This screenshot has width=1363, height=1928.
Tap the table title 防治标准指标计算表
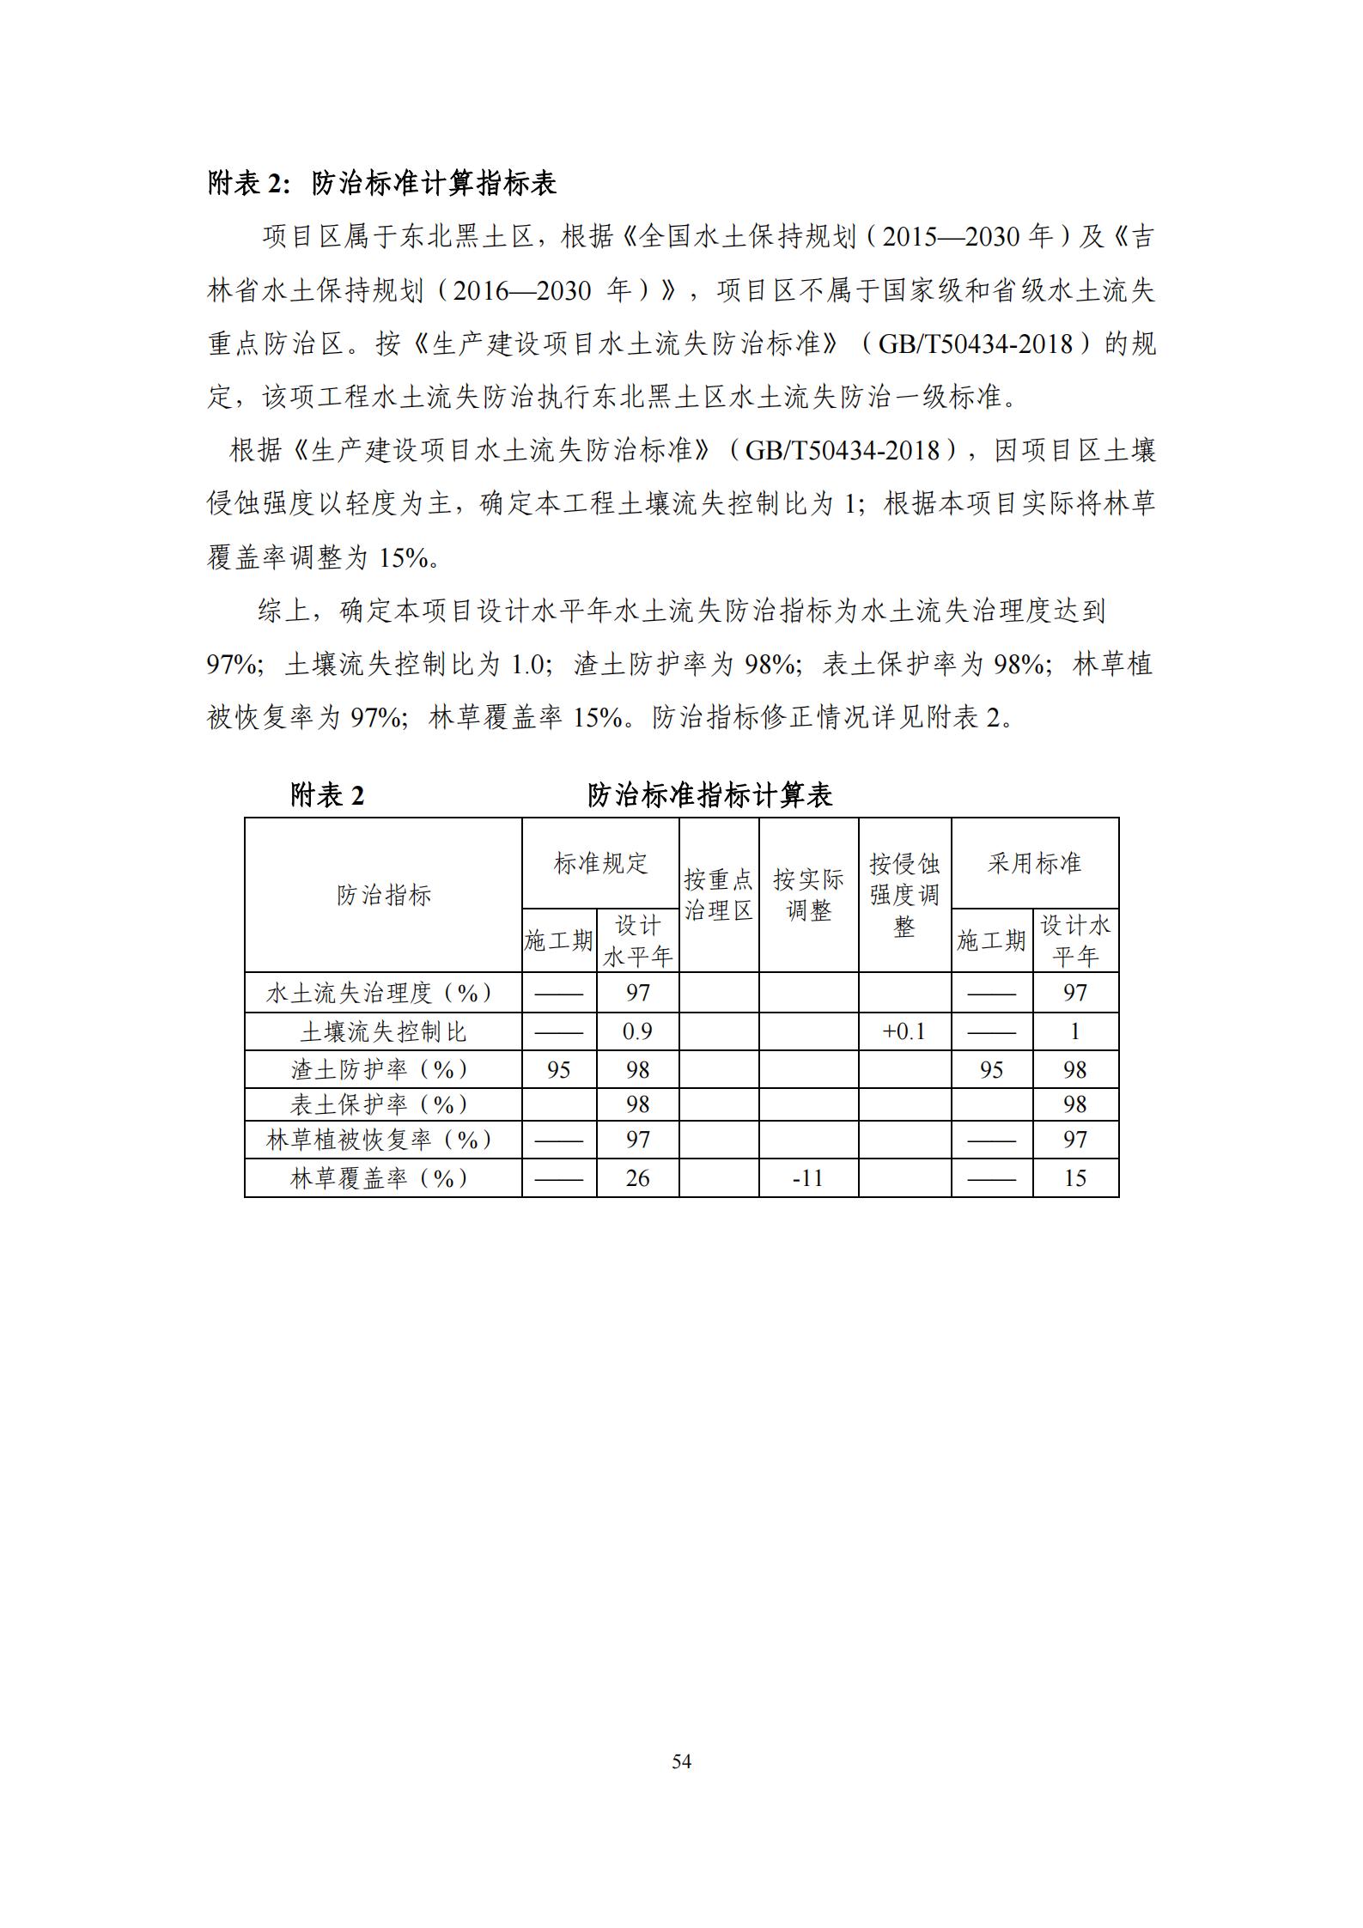(x=709, y=795)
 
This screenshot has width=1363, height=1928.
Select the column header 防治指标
(x=383, y=896)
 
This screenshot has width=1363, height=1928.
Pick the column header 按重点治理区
(x=718, y=895)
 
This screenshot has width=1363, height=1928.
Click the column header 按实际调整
(x=808, y=895)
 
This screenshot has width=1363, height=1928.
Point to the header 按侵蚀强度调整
(x=904, y=895)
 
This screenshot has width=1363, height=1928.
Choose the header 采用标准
(x=1034, y=863)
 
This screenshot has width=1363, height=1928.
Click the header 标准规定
(x=600, y=863)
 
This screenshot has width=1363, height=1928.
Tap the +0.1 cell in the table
(x=904, y=1031)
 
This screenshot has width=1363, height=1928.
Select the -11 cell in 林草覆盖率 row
(x=808, y=1177)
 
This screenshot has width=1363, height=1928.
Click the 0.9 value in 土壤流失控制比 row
(x=637, y=1031)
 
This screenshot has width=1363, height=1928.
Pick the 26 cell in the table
(x=637, y=1177)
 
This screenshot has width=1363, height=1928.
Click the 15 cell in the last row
(x=1075, y=1177)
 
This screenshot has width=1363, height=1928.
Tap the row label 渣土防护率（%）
(x=383, y=1069)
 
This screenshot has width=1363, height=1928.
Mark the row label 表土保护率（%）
(x=383, y=1104)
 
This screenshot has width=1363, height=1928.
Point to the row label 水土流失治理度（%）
(x=383, y=993)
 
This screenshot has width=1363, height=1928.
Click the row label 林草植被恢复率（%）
(x=383, y=1140)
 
